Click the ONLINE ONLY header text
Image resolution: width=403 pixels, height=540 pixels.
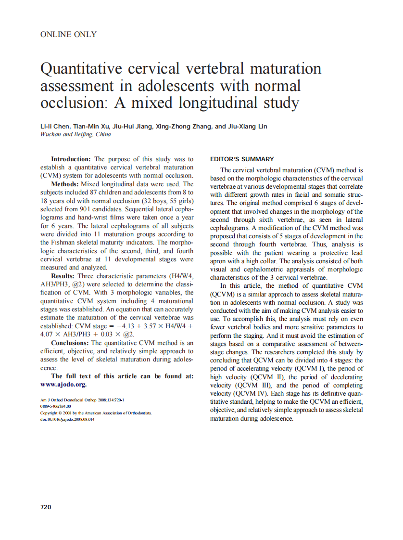coord(68,34)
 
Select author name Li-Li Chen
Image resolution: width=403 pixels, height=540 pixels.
coord(55,127)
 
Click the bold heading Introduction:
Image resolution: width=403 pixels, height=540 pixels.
coord(71,159)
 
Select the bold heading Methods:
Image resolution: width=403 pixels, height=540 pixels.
coord(64,184)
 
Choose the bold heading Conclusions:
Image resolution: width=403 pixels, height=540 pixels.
coord(70,343)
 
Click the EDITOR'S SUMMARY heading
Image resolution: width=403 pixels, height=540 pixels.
coord(242,159)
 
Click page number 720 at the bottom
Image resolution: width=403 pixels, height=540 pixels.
coord(46,507)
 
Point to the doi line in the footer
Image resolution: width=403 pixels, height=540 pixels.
coord(67,419)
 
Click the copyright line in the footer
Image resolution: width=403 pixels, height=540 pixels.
coord(96,413)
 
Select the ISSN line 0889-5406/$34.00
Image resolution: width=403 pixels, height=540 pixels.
coord(55,407)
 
